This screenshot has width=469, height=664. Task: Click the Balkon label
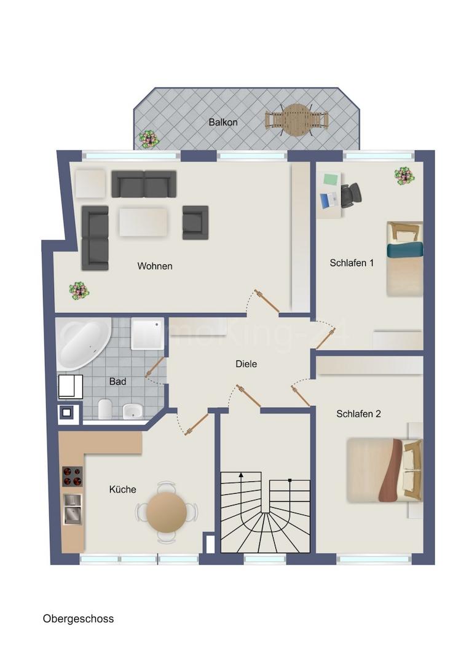tap(223, 122)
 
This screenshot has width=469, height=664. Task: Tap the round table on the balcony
tap(296, 119)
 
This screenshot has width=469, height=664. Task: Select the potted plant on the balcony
tap(149, 139)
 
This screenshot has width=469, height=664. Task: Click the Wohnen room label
tap(154, 266)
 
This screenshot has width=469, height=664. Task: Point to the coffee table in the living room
tap(143, 222)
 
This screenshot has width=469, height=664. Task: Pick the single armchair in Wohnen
tap(195, 222)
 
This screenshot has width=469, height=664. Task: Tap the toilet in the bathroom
tap(105, 408)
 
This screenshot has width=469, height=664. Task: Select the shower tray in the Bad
tap(147, 333)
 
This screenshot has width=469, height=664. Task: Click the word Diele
tap(246, 364)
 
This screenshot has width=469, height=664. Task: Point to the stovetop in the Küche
tap(71, 476)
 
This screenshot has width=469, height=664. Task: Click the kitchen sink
tap(72, 509)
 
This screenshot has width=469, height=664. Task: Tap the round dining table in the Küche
tap(167, 512)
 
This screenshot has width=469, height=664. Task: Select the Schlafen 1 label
tap(352, 263)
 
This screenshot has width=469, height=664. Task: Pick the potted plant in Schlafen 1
tap(404, 176)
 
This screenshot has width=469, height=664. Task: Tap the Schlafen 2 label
tap(358, 414)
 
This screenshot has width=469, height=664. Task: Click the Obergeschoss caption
tap(78, 619)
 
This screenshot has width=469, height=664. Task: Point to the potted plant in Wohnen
tap(79, 290)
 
